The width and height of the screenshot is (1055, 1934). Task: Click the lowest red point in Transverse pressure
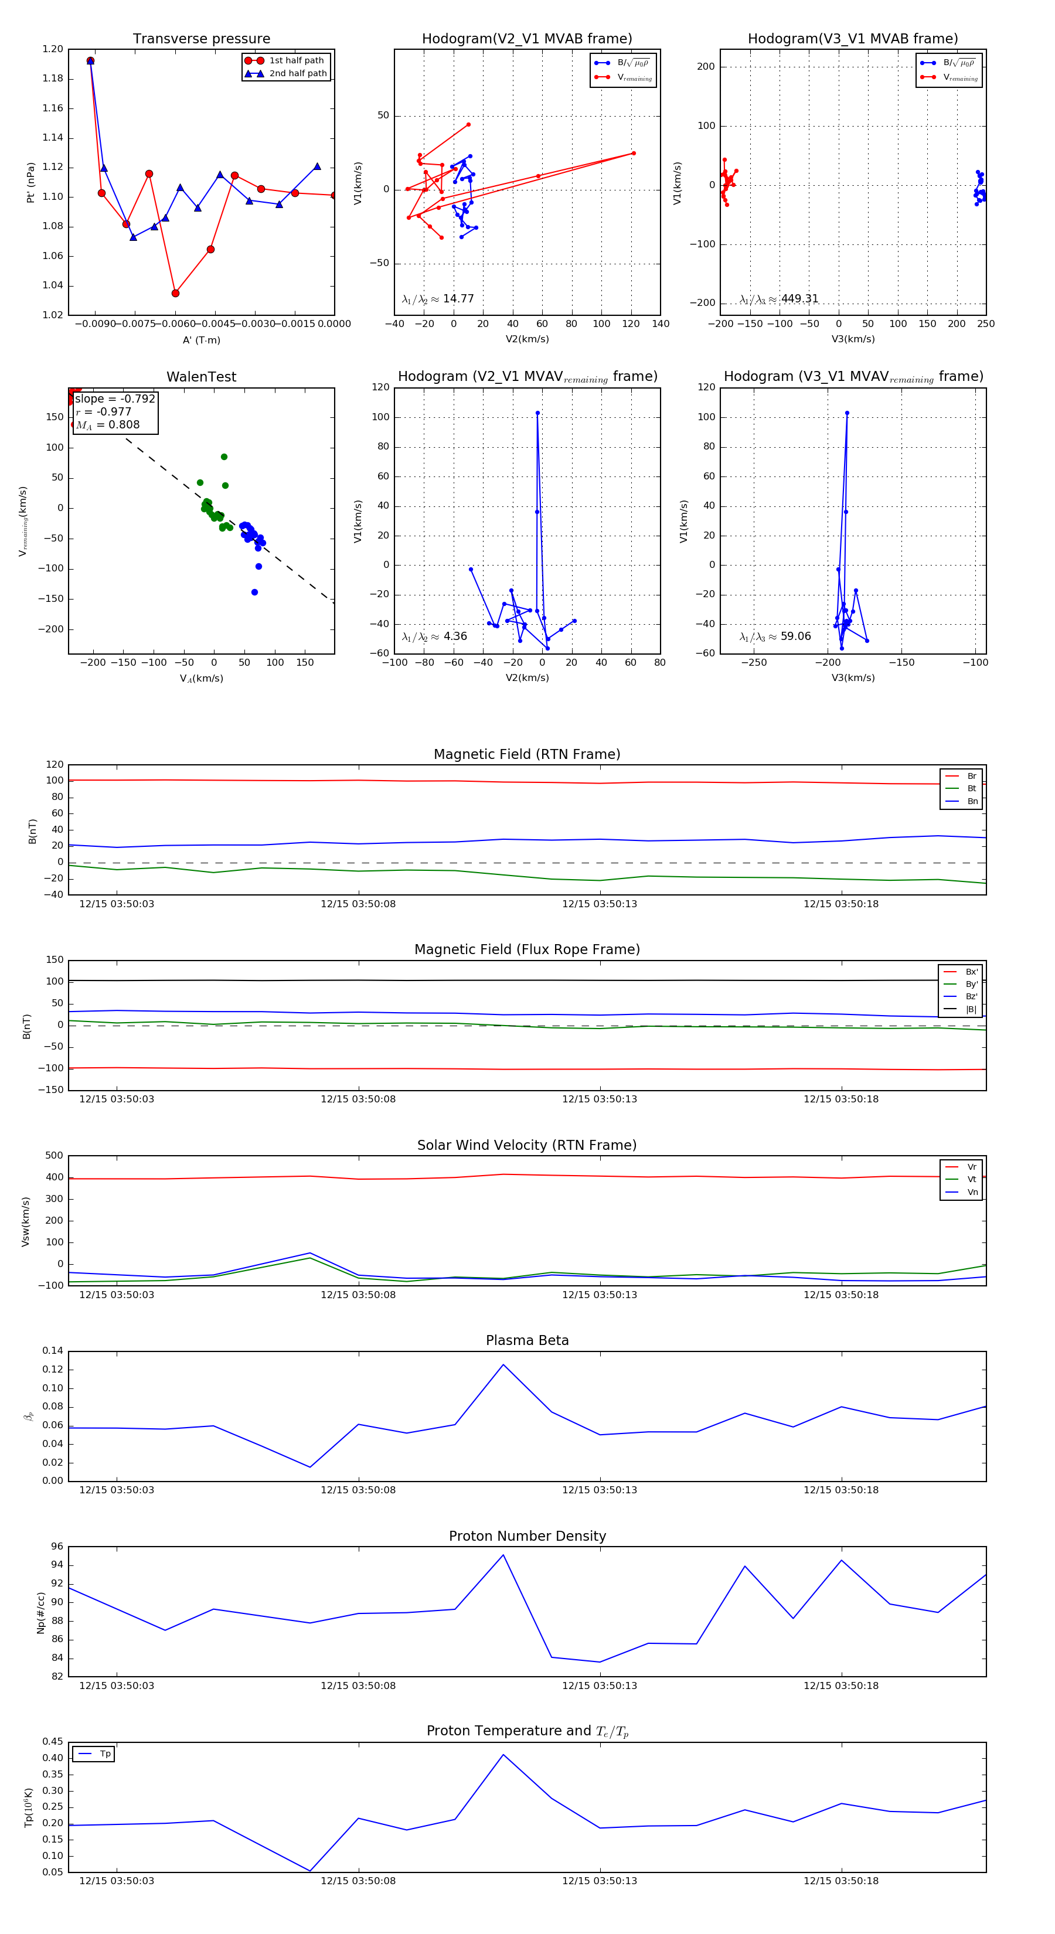coord(175,293)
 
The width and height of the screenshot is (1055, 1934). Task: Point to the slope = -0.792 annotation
coord(115,399)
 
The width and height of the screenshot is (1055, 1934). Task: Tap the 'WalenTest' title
coord(201,377)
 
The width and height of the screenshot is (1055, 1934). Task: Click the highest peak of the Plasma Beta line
coord(503,1364)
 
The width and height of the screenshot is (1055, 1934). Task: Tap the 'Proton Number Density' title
coord(527,1536)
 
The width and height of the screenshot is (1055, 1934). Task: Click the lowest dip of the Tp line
coord(310,1871)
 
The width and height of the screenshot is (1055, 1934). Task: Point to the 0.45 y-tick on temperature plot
coord(53,1742)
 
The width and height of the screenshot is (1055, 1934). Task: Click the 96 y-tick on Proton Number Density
coord(57,1547)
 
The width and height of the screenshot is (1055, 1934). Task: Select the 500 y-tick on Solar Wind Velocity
coord(54,1156)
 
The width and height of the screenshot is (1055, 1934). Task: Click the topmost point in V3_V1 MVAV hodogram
coord(847,413)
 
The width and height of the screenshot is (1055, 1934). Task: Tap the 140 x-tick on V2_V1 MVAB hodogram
coord(660,324)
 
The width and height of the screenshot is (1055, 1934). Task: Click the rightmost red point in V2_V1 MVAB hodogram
coord(634,153)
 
